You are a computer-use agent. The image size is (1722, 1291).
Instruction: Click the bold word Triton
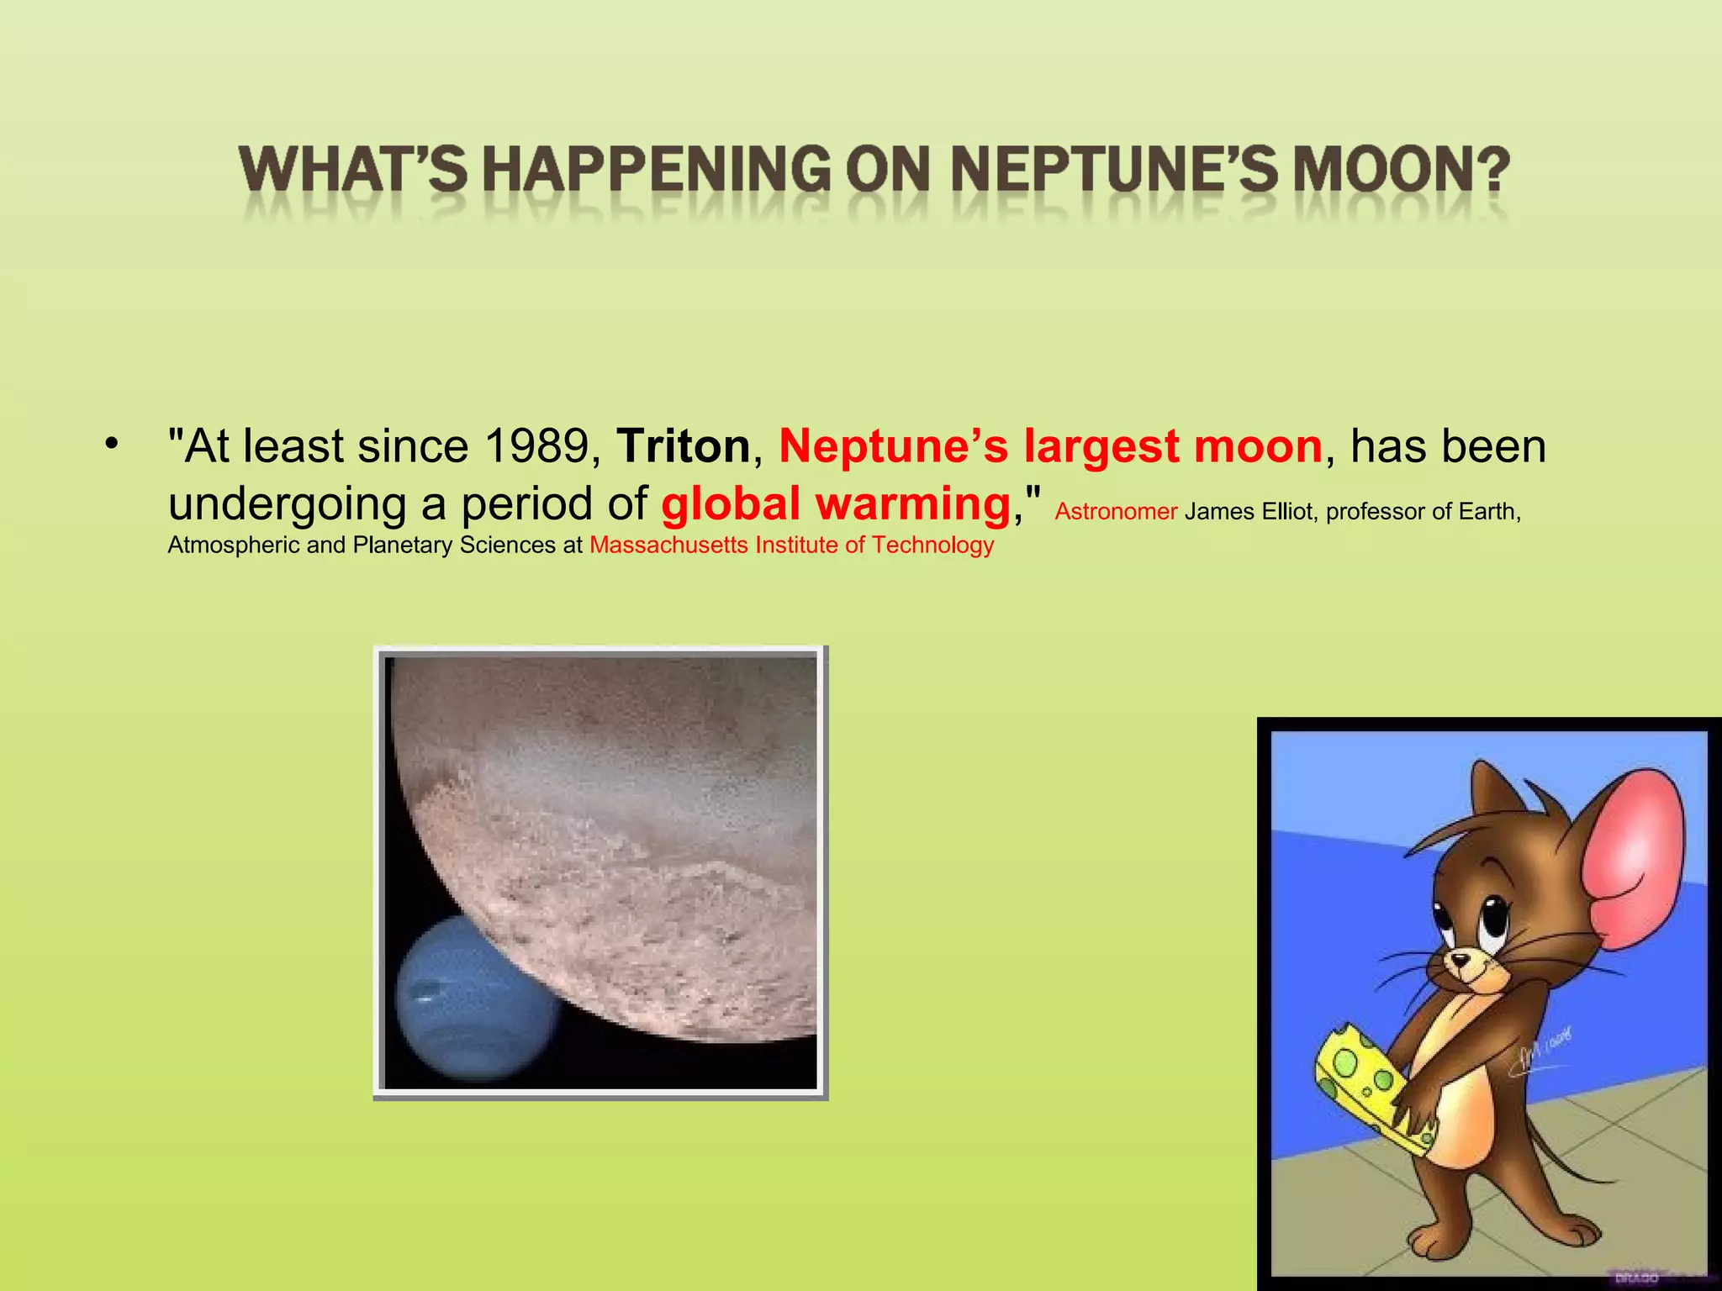pos(683,446)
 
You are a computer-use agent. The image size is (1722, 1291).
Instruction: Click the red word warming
pos(913,503)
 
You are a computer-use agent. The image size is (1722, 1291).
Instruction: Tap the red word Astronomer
pos(1116,511)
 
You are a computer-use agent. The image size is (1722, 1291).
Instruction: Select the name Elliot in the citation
pos(1285,511)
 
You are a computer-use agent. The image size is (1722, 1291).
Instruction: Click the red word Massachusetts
pos(668,545)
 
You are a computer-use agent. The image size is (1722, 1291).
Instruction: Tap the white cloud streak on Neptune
pos(425,998)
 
